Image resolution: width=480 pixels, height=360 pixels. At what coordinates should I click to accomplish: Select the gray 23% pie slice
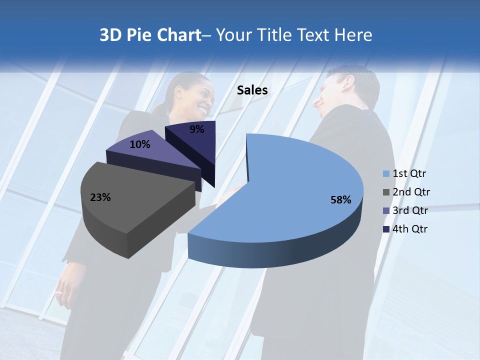(130, 200)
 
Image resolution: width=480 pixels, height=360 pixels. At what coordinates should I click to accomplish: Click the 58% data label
(341, 200)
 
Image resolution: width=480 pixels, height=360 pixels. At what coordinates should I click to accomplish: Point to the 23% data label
(100, 197)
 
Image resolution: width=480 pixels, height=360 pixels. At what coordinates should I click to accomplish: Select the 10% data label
(140, 144)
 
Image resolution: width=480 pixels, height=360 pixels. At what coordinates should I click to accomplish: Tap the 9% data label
(197, 129)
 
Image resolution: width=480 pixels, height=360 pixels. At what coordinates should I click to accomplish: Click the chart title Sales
(252, 90)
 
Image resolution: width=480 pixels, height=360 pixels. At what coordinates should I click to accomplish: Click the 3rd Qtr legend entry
(406, 210)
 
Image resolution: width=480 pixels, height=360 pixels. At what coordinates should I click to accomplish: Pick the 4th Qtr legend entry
(405, 229)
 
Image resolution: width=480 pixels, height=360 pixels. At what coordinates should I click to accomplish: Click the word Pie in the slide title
(141, 35)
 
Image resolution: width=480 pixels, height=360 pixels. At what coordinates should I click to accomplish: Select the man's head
(345, 90)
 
